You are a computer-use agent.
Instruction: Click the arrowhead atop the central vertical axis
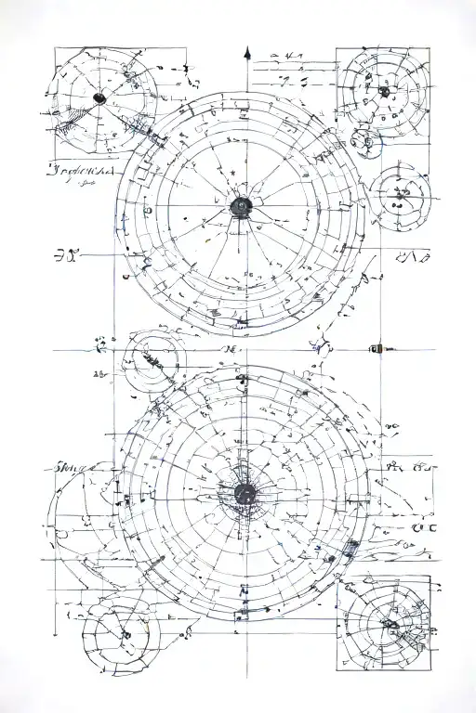(x=247, y=52)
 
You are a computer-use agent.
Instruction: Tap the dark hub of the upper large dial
(x=241, y=205)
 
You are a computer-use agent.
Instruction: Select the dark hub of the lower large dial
(x=245, y=493)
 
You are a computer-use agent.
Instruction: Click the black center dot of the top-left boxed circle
(x=99, y=97)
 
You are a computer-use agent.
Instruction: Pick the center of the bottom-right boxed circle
(x=384, y=623)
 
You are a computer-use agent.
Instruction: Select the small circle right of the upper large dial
(x=400, y=196)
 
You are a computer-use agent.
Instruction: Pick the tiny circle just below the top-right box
(x=363, y=141)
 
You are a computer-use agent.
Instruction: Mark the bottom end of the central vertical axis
(x=245, y=676)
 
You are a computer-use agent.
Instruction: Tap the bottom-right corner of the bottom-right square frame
(x=431, y=668)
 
